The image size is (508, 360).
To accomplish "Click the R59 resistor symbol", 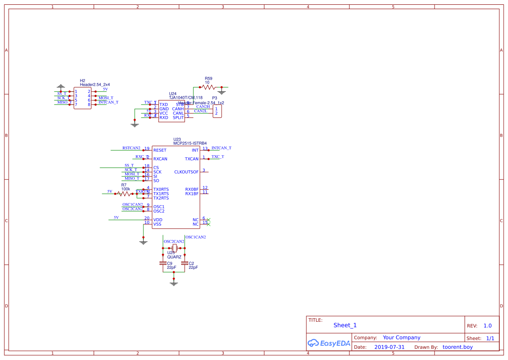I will tap(209, 87).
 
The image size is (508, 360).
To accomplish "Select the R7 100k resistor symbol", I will tap(125, 193).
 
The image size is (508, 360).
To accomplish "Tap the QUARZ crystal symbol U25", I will tap(174, 247).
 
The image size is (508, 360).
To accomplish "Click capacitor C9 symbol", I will tap(163, 263).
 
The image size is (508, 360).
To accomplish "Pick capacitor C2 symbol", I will tap(185, 263).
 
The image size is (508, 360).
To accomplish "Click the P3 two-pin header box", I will tap(217, 111).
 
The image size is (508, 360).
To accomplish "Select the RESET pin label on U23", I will tap(160, 150).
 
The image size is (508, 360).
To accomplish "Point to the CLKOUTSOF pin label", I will tap(186, 172).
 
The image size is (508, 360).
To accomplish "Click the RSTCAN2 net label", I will tap(131, 148).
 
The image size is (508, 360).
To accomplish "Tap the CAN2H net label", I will tap(203, 107).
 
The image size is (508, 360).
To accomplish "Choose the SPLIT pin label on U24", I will tap(178, 118).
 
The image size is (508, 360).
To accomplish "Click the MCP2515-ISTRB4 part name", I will tap(190, 143).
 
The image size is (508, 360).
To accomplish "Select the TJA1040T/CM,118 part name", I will tap(186, 98).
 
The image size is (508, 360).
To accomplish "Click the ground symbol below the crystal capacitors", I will tap(174, 283).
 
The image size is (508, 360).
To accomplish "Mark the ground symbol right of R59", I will tap(222, 91).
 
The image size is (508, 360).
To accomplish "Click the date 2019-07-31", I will tap(389, 347).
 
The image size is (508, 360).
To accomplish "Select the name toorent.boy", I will tap(457, 347).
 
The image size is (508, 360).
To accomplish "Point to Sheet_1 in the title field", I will tap(345, 325).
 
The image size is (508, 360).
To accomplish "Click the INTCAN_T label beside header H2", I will tap(108, 103).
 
